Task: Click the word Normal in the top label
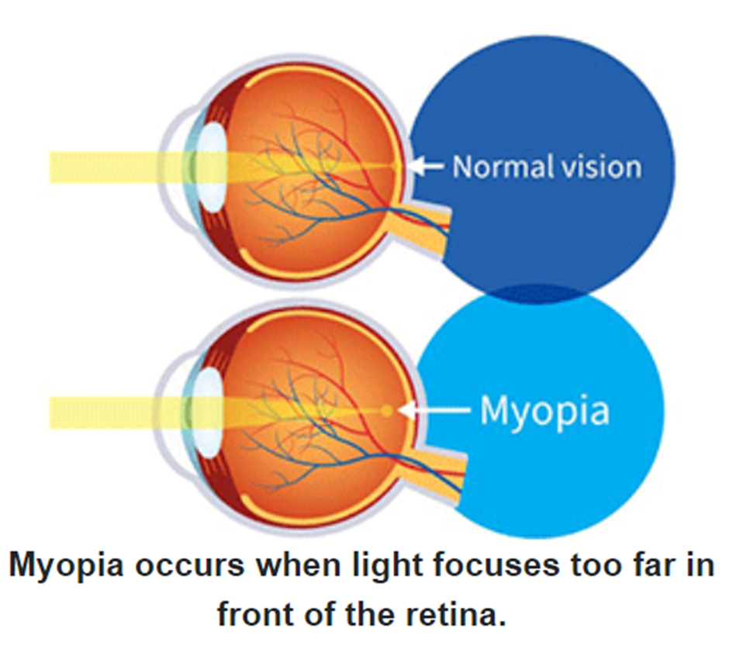click(x=503, y=167)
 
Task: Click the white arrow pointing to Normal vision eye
click(x=426, y=166)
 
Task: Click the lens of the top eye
click(x=212, y=167)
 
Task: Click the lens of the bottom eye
click(x=206, y=412)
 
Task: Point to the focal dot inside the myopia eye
click(x=387, y=411)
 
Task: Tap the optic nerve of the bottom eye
click(x=435, y=475)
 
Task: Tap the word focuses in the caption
click(x=497, y=567)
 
